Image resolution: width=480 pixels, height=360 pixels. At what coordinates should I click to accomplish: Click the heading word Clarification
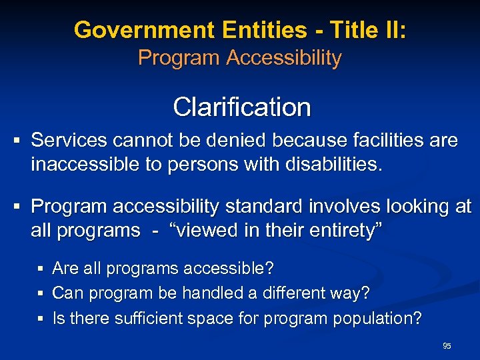pos(241,107)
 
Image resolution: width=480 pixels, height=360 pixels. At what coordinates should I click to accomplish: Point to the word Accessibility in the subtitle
pos(284,58)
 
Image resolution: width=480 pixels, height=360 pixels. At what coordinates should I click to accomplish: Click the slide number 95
pos(447,345)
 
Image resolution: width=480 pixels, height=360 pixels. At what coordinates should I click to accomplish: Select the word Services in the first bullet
pos(70,141)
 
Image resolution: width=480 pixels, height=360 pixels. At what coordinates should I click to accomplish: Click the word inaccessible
pos(85,163)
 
